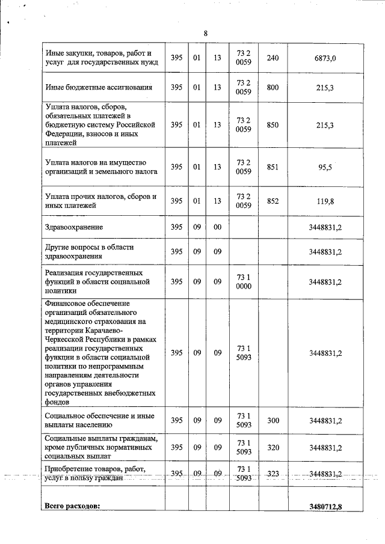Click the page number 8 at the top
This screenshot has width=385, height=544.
coord(206,33)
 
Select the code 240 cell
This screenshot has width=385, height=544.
coord(273,58)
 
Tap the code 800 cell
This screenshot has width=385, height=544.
coord(273,88)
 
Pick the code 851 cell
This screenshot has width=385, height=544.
coord(273,167)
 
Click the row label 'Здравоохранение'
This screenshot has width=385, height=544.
coord(74,227)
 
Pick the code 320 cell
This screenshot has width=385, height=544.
coord(273,448)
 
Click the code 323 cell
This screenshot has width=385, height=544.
coord(273,474)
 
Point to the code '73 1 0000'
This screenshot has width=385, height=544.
coord(243,281)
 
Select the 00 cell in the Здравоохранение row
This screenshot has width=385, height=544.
coord(217,227)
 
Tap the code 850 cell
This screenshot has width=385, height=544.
coord(273,125)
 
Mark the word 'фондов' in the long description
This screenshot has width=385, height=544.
coord(58,402)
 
